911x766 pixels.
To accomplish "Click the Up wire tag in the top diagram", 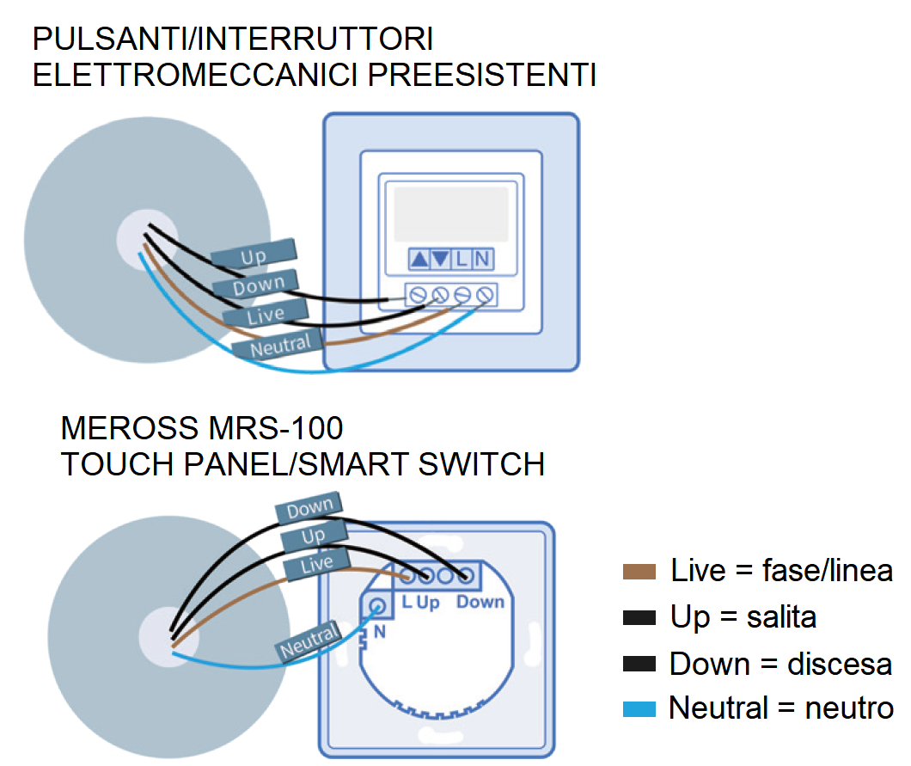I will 254,254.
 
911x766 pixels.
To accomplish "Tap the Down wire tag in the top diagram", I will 258,285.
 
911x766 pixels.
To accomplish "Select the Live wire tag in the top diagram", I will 265,314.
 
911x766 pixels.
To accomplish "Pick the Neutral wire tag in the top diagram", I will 280,346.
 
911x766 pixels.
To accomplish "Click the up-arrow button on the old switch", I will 419,258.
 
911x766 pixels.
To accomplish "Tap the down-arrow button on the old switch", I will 440,258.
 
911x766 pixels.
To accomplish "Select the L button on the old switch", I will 462,258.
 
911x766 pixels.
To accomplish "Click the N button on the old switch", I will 482,258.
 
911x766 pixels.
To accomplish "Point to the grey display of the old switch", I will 450,214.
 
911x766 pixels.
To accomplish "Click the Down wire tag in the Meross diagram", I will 309,510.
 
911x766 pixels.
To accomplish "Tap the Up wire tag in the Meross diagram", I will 313,536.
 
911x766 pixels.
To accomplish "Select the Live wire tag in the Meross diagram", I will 316,564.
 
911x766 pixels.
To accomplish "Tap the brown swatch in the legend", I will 638,572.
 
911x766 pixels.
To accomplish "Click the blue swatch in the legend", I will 638,709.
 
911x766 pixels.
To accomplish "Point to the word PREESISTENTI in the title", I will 482,75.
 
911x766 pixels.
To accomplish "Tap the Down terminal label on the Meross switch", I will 480,602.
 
